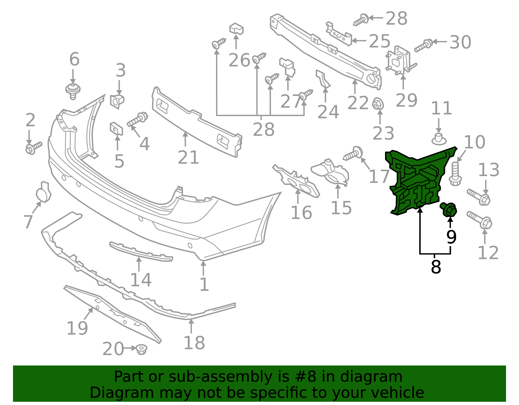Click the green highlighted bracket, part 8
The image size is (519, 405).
tap(416, 181)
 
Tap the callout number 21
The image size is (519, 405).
tap(188, 158)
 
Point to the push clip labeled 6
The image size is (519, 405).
tap(73, 91)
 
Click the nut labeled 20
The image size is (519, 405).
tap(141, 350)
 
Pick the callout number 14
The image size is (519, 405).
tap(141, 280)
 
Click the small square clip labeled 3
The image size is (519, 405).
tap(117, 101)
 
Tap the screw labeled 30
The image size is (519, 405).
tap(423, 45)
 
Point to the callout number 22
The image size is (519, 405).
tap(358, 103)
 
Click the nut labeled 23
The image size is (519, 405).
tap(378, 104)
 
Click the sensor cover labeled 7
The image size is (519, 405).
tap(43, 192)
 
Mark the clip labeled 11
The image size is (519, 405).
tap(439, 139)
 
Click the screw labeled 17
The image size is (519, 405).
tap(353, 153)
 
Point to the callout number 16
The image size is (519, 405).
tap(301, 213)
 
